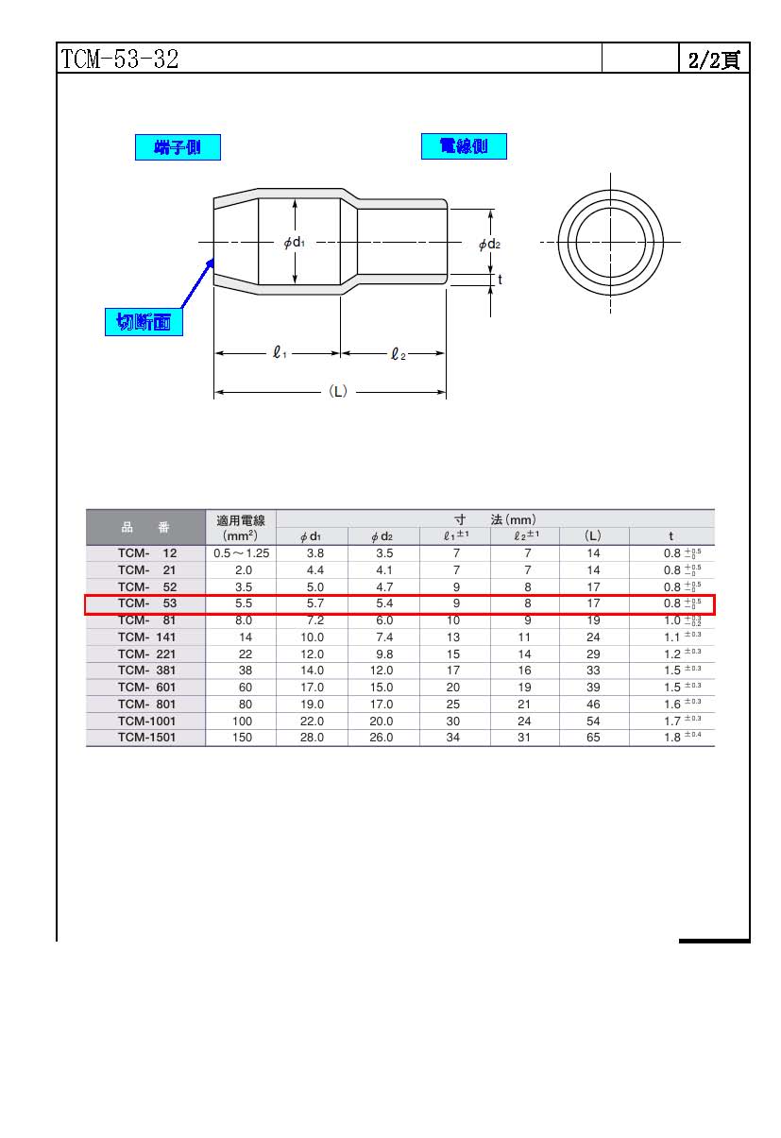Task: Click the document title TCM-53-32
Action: [119, 59]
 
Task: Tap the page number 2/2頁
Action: [714, 59]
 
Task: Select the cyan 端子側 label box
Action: [178, 147]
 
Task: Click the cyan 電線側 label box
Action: [464, 146]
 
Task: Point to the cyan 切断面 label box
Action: [144, 322]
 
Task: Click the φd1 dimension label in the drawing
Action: [295, 243]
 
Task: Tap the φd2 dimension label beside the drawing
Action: [489, 245]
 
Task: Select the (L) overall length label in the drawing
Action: [338, 391]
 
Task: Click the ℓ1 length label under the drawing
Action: [280, 352]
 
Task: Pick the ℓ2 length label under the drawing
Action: [399, 353]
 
